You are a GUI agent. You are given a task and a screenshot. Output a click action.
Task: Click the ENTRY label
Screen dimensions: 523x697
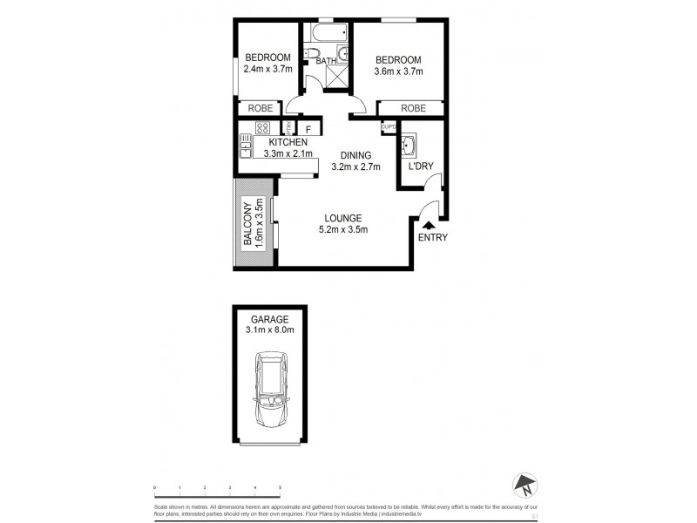pos(432,237)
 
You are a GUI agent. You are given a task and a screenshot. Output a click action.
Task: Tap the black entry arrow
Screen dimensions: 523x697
pos(428,225)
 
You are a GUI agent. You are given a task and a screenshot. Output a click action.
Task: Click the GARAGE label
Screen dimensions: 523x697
pos(269,320)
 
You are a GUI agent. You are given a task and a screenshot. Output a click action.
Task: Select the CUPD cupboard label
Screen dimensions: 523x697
pos(389,127)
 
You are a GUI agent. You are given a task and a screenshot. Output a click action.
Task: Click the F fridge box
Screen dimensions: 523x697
pos(308,130)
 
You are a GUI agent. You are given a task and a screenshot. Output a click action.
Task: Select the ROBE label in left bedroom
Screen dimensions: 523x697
pos(261,109)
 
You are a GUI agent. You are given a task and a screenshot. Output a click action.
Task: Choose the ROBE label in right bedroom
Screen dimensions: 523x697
pos(414,109)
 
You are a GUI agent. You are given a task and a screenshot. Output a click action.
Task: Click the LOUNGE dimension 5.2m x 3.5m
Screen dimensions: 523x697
pos(343,230)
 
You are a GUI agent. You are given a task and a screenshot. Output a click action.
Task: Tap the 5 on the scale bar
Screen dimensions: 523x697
pos(280,487)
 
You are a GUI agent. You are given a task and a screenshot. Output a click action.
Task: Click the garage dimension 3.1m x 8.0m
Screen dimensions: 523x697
pos(269,331)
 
